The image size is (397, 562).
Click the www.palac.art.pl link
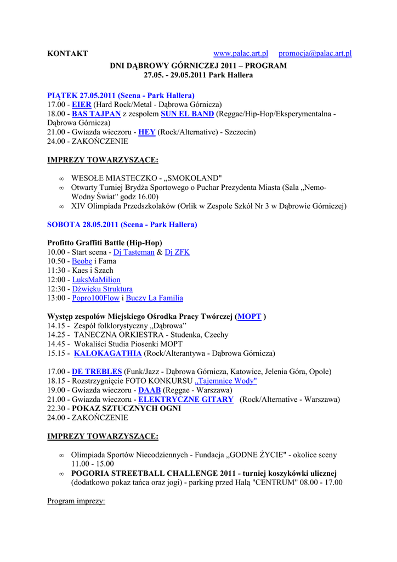(240, 54)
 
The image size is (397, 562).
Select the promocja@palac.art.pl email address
(315, 54)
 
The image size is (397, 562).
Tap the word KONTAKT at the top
(67, 54)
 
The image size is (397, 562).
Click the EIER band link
(82, 104)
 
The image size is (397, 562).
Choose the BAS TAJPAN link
(96, 114)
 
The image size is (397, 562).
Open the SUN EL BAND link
(187, 114)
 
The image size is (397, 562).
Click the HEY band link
(146, 132)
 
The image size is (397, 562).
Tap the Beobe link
(82, 261)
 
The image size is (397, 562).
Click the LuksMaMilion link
(96, 280)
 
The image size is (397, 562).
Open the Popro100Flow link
(95, 298)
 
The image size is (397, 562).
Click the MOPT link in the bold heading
(249, 317)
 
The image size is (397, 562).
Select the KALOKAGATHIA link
(107, 353)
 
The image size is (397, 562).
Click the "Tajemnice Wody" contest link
(226, 381)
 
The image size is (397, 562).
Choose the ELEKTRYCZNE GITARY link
(185, 400)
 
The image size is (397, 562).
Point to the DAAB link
(150, 390)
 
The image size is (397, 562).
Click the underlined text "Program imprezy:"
(76, 501)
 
